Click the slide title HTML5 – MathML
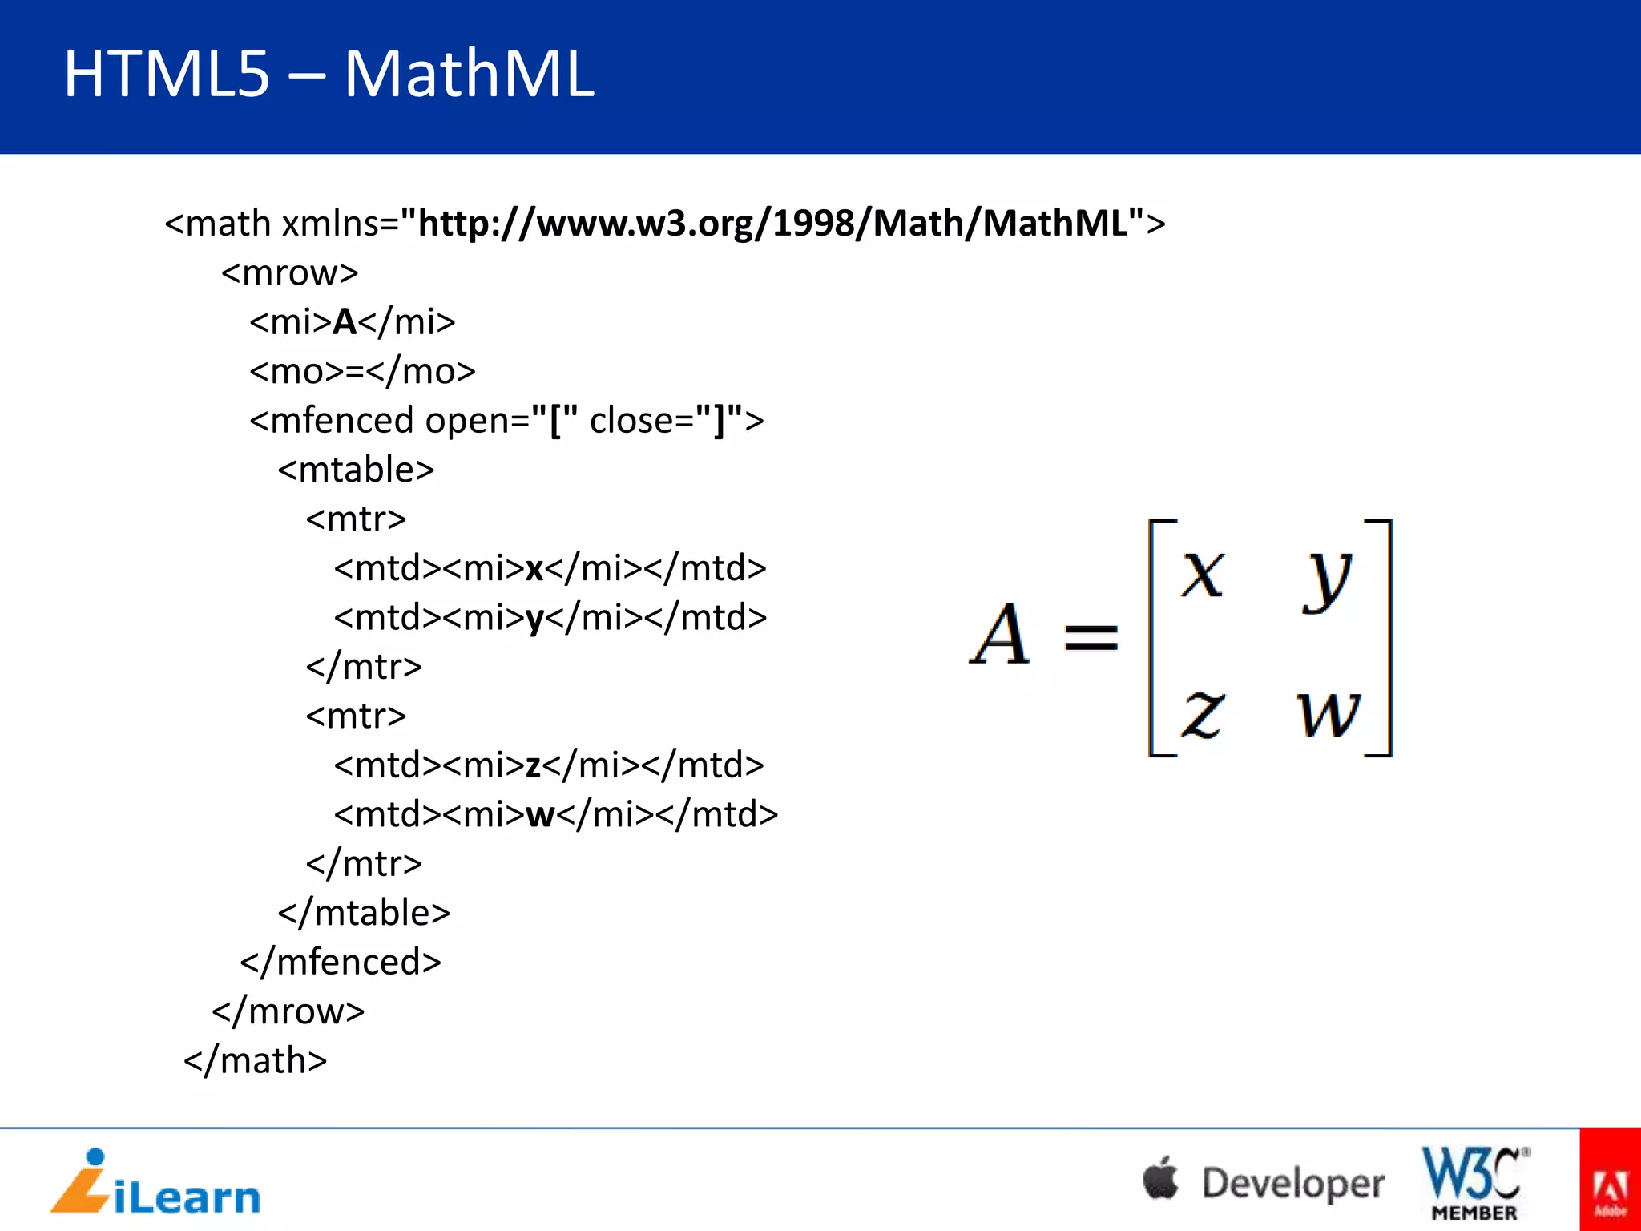[329, 74]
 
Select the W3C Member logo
[1474, 1183]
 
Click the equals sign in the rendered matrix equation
[1091, 639]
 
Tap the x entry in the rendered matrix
[1203, 574]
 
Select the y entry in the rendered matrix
[1327, 579]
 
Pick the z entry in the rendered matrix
[1202, 712]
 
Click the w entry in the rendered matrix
[1328, 712]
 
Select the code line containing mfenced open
[506, 420]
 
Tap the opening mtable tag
[356, 470]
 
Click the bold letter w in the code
[540, 815]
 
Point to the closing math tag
[256, 1060]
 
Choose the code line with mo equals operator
[362, 371]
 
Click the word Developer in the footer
[1292, 1183]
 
